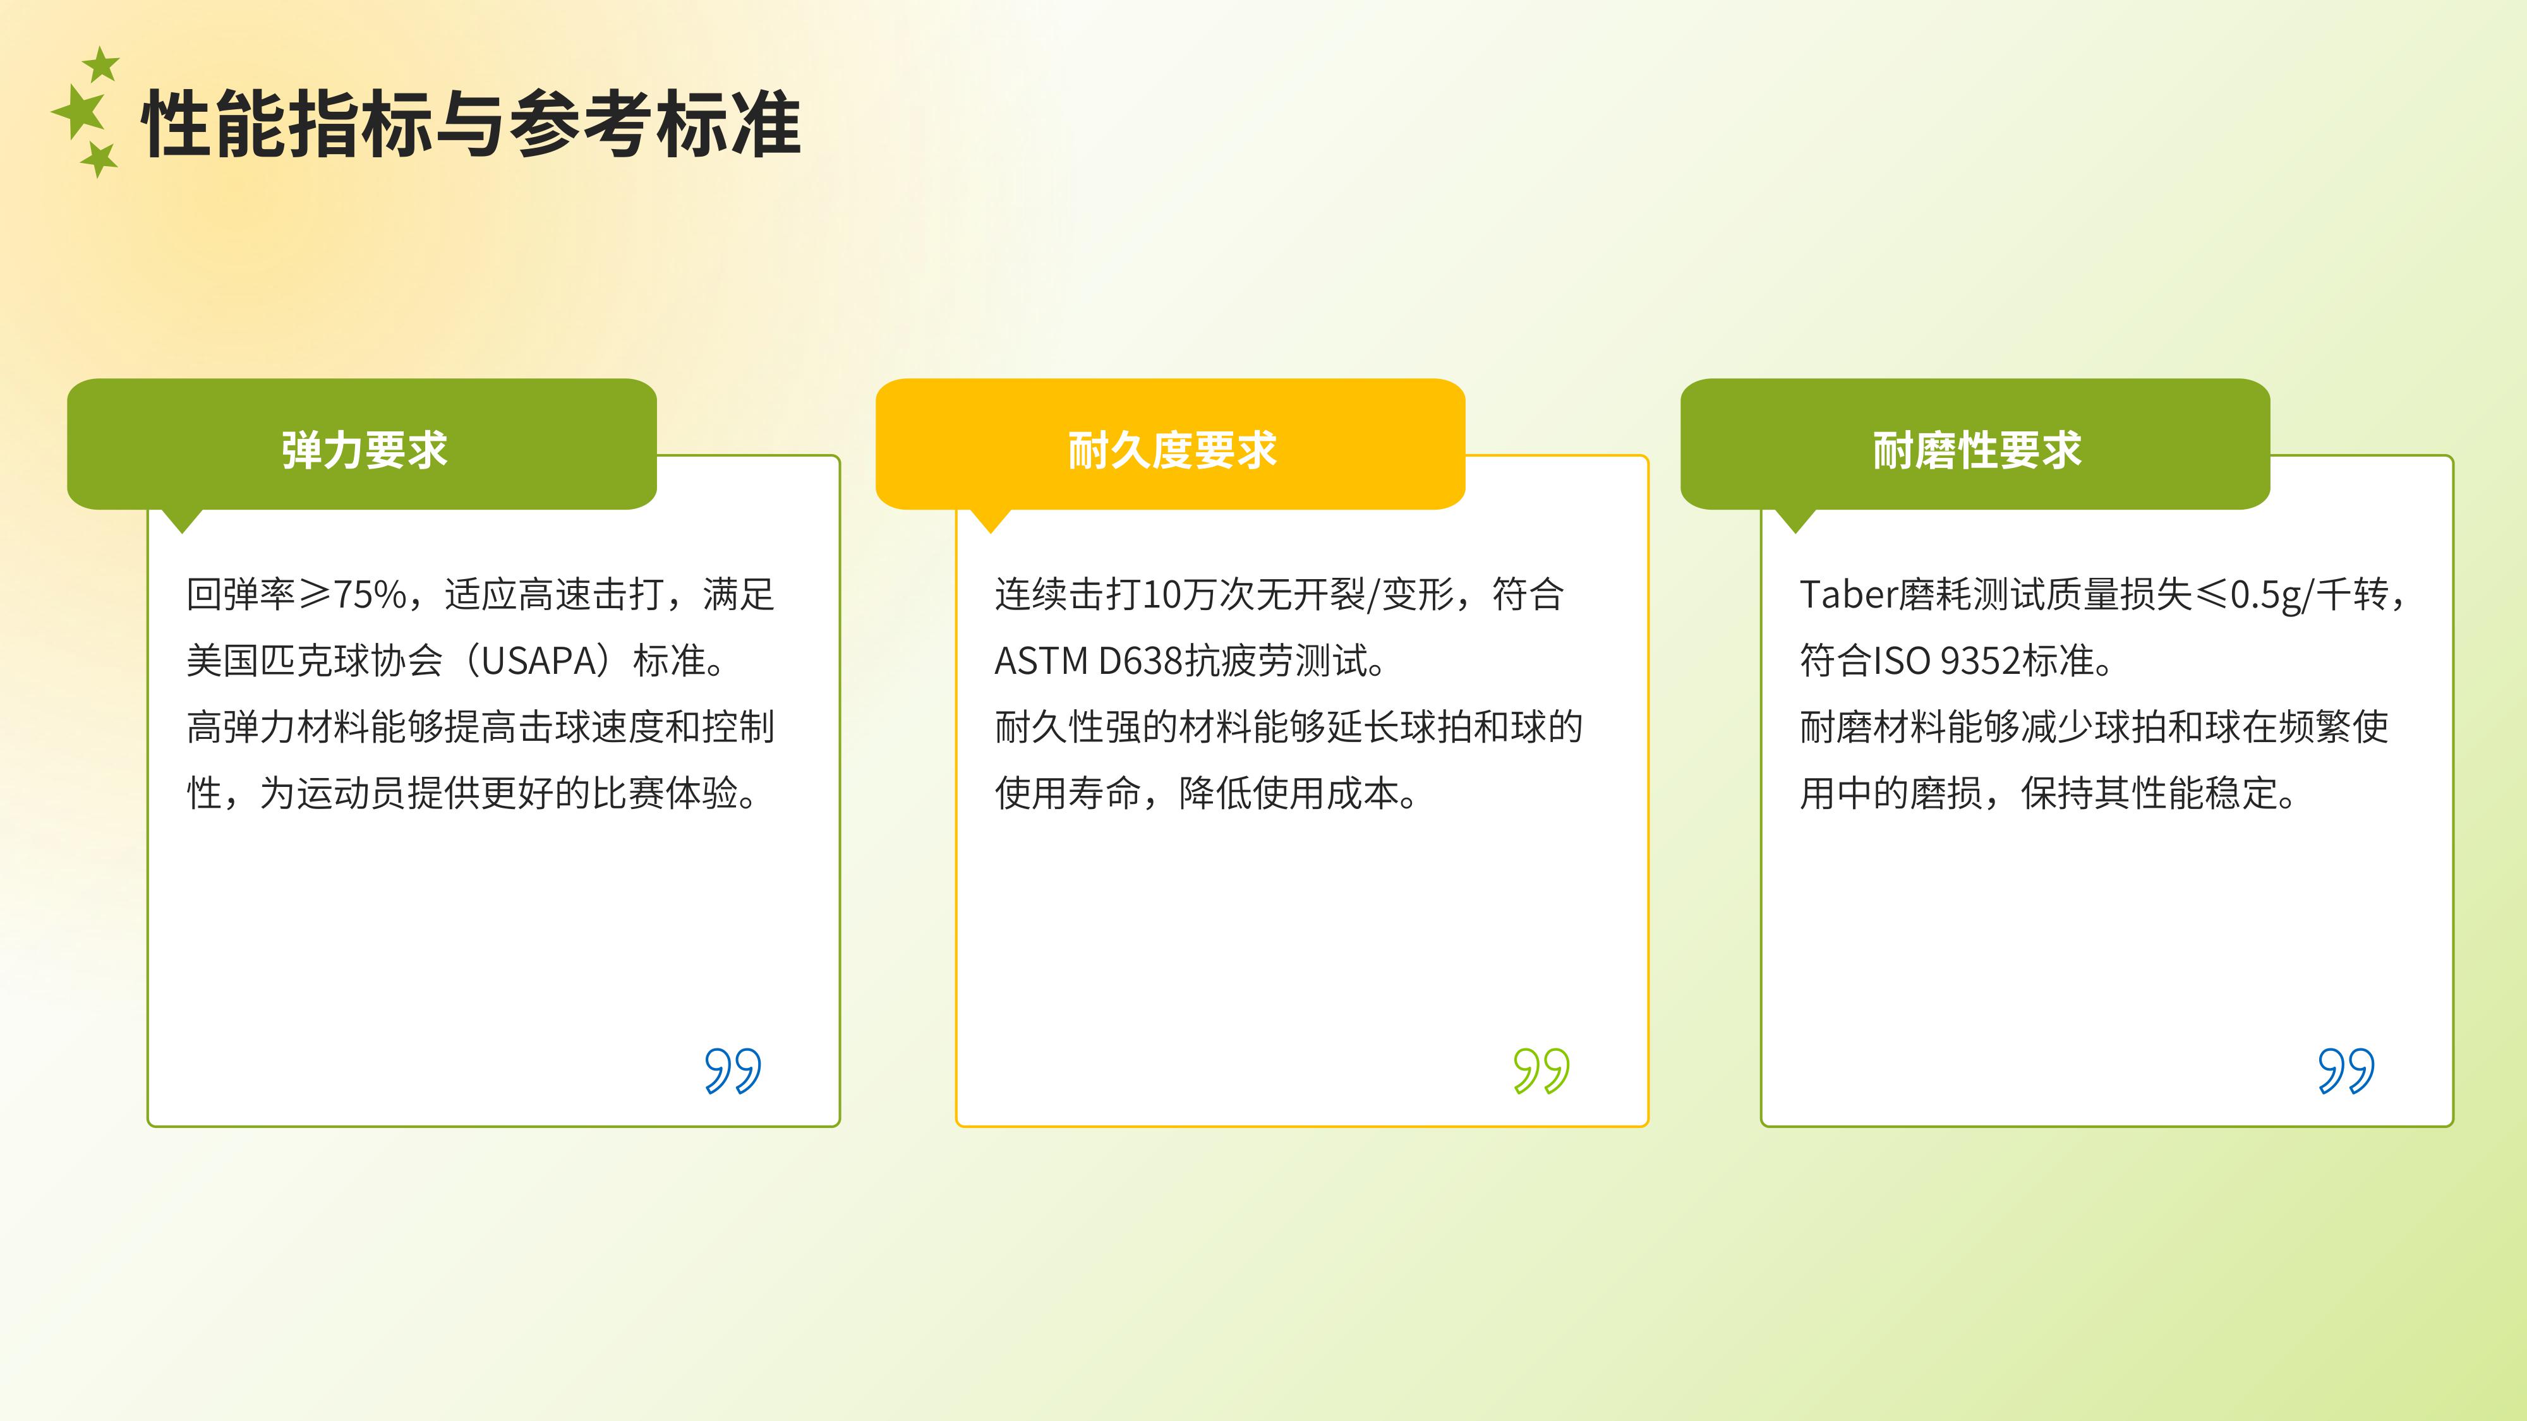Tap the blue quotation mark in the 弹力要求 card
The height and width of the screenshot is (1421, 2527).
pyautogui.click(x=733, y=1070)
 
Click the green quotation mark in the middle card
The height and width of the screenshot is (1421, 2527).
pyautogui.click(x=1541, y=1070)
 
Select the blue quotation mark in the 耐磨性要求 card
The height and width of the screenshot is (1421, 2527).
pyautogui.click(x=2346, y=1070)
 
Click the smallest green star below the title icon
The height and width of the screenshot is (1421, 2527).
pyautogui.click(x=99, y=159)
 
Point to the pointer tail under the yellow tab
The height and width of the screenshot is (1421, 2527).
pyautogui.click(x=991, y=520)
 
